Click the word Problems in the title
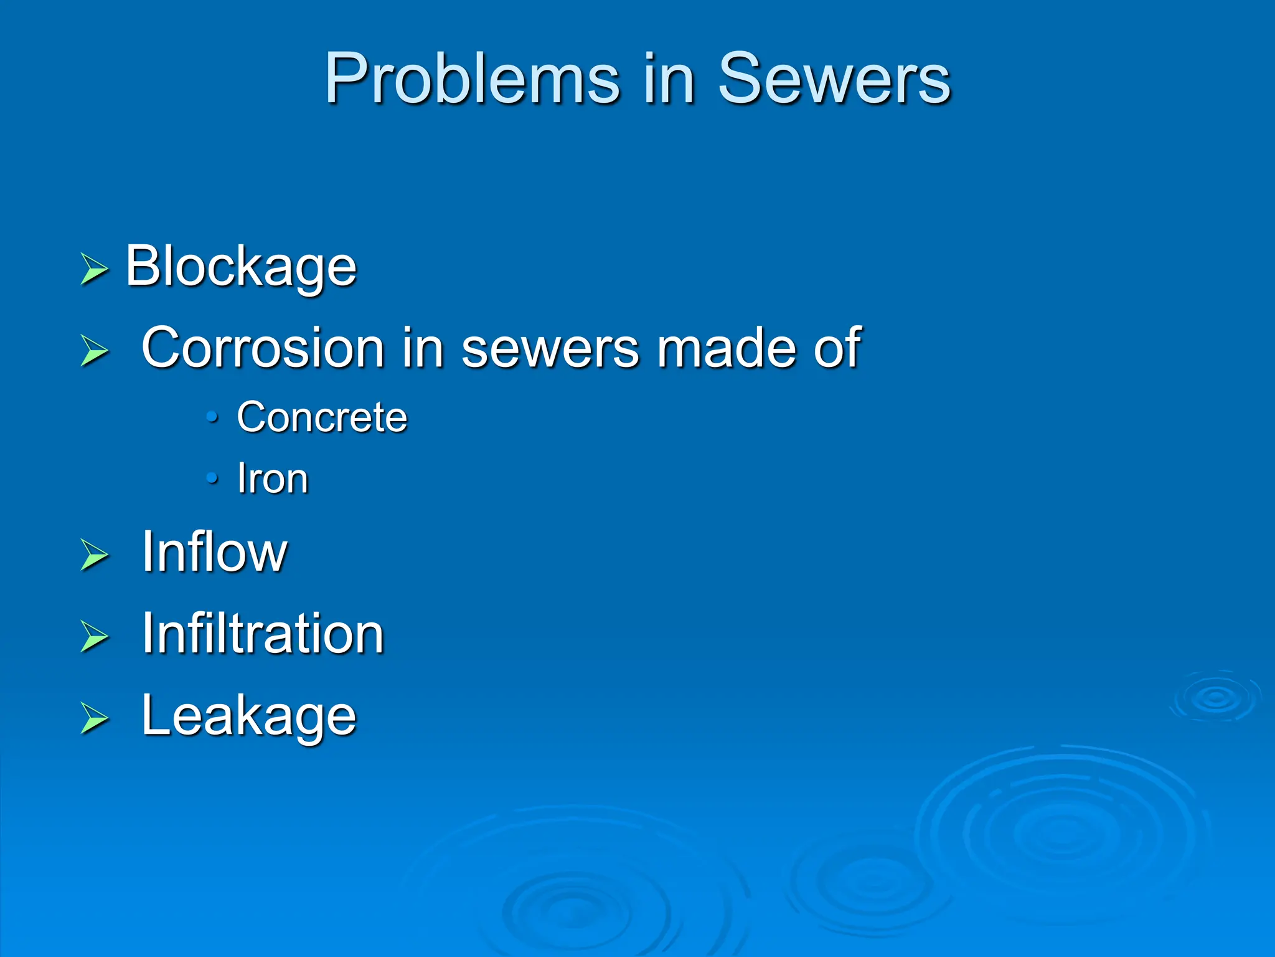(x=472, y=79)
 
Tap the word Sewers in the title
(x=834, y=79)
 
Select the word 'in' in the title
(x=669, y=79)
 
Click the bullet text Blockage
(x=241, y=267)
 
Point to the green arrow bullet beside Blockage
(x=95, y=269)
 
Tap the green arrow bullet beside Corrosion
(x=95, y=350)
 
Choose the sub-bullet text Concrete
(x=322, y=417)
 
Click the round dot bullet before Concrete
(x=212, y=416)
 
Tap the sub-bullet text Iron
(x=273, y=479)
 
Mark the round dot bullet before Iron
(x=212, y=478)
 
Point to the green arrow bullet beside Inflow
(x=95, y=555)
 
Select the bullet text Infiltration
(x=263, y=634)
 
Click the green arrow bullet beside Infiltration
(x=95, y=636)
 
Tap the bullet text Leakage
(x=249, y=716)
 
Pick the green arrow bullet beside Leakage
(x=95, y=718)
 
